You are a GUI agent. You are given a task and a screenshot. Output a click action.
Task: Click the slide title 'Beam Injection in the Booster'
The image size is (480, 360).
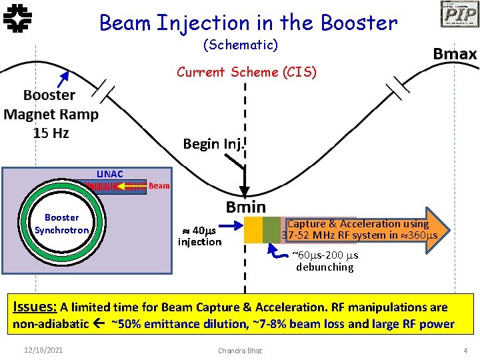pyautogui.click(x=248, y=23)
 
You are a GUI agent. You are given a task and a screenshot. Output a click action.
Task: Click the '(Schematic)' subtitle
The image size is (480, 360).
pyautogui.click(x=240, y=45)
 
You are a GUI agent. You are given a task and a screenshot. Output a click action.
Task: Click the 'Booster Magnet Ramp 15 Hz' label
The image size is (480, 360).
pyautogui.click(x=51, y=114)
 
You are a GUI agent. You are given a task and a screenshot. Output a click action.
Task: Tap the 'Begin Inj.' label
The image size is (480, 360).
pyautogui.click(x=215, y=144)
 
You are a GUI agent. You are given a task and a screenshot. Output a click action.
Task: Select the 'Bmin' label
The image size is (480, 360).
pyautogui.click(x=245, y=207)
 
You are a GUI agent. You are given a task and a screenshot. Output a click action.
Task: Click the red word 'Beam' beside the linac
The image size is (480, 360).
pyautogui.click(x=159, y=186)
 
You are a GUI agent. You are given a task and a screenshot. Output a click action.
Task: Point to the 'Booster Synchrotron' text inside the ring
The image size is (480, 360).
pyautogui.click(x=61, y=224)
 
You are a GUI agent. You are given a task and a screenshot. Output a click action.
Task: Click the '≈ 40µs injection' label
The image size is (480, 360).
pyautogui.click(x=199, y=236)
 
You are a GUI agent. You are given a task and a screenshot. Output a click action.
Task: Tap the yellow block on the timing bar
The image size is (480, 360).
pyautogui.click(x=253, y=229)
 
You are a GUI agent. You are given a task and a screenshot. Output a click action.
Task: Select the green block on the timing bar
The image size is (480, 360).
pyautogui.click(x=271, y=229)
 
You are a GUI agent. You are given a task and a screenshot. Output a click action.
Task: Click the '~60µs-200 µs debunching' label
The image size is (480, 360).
pyautogui.click(x=325, y=261)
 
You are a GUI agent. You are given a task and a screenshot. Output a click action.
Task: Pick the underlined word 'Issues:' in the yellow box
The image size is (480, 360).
pyautogui.click(x=35, y=307)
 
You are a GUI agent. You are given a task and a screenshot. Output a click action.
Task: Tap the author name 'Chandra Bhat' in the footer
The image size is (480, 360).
pyautogui.click(x=240, y=351)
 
